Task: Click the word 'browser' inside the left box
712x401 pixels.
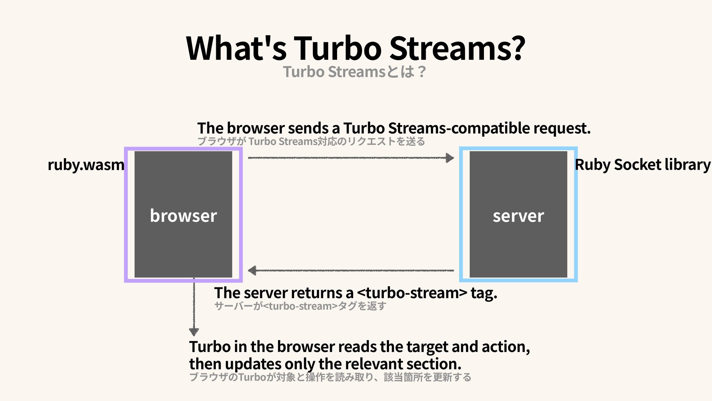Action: point(183,216)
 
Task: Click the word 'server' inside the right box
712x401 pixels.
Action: point(518,216)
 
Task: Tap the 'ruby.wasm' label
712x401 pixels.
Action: point(86,164)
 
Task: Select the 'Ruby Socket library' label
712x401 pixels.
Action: point(642,164)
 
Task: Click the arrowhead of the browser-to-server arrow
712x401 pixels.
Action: point(449,158)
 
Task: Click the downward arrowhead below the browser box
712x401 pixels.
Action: point(194,331)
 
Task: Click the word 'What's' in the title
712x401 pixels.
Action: point(236,48)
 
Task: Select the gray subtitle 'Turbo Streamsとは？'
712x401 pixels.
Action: point(355,72)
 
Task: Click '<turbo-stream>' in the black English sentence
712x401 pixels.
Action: point(412,293)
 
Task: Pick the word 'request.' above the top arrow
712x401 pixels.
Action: point(561,128)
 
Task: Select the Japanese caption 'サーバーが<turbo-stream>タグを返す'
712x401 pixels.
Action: point(300,306)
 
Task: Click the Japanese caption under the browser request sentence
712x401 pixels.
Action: point(311,141)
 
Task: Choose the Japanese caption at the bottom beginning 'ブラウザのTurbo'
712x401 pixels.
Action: point(330,377)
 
